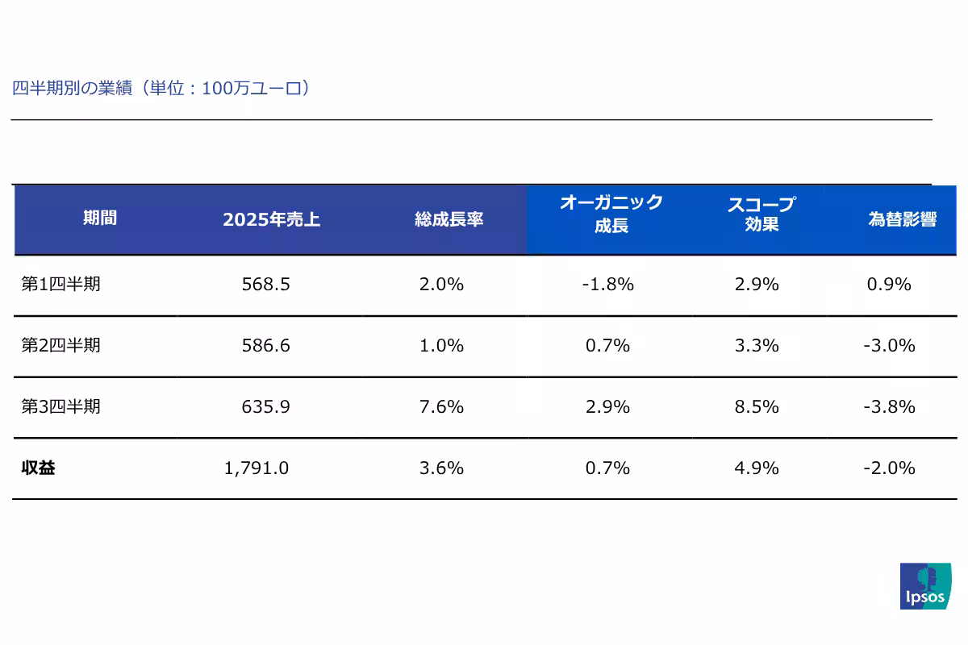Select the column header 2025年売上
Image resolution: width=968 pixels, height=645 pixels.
(271, 219)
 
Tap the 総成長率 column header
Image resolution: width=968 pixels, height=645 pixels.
(449, 219)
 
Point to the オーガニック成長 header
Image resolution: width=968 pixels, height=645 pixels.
(611, 214)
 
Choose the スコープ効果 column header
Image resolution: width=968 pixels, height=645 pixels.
(761, 214)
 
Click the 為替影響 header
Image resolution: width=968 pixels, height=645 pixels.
(902, 219)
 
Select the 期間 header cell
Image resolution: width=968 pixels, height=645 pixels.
(99, 218)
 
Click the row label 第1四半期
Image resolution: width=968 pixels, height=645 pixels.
(60, 284)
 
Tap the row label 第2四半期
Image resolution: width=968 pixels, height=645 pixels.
(60, 345)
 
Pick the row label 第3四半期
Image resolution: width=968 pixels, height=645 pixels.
(60, 406)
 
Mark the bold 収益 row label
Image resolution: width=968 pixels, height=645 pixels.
(38, 468)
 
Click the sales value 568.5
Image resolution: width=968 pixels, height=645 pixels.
(265, 284)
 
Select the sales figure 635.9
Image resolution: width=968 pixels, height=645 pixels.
(265, 406)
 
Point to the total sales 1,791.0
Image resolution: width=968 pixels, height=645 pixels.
(257, 468)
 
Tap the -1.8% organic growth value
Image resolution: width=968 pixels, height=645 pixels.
(607, 284)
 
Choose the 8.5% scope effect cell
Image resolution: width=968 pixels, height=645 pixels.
(757, 406)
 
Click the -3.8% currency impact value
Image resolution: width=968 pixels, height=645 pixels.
(889, 406)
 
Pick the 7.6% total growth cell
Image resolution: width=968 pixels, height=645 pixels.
(441, 406)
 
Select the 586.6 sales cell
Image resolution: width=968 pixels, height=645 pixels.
(265, 345)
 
